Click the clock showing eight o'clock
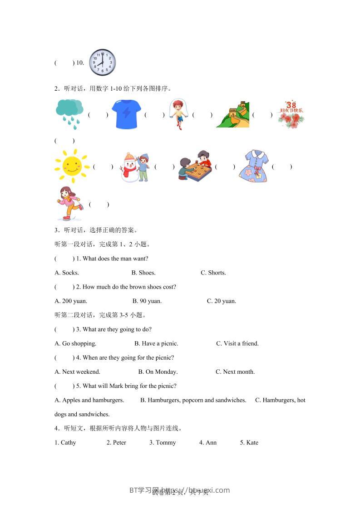pyautogui.click(x=102, y=63)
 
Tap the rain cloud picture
pyautogui.click(x=69, y=113)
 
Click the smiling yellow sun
pyautogui.click(x=72, y=166)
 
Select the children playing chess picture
pyautogui.click(x=195, y=166)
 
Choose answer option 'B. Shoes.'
pyautogui.click(x=143, y=273)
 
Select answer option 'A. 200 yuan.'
pyautogui.click(x=71, y=301)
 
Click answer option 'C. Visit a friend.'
pyautogui.click(x=237, y=343)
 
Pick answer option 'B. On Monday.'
pyautogui.click(x=158, y=372)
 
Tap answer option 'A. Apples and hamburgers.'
pyautogui.click(x=89, y=400)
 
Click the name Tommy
pyautogui.click(x=163, y=442)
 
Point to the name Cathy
pyautogui.click(x=65, y=442)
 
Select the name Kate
pyautogui.click(x=249, y=442)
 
